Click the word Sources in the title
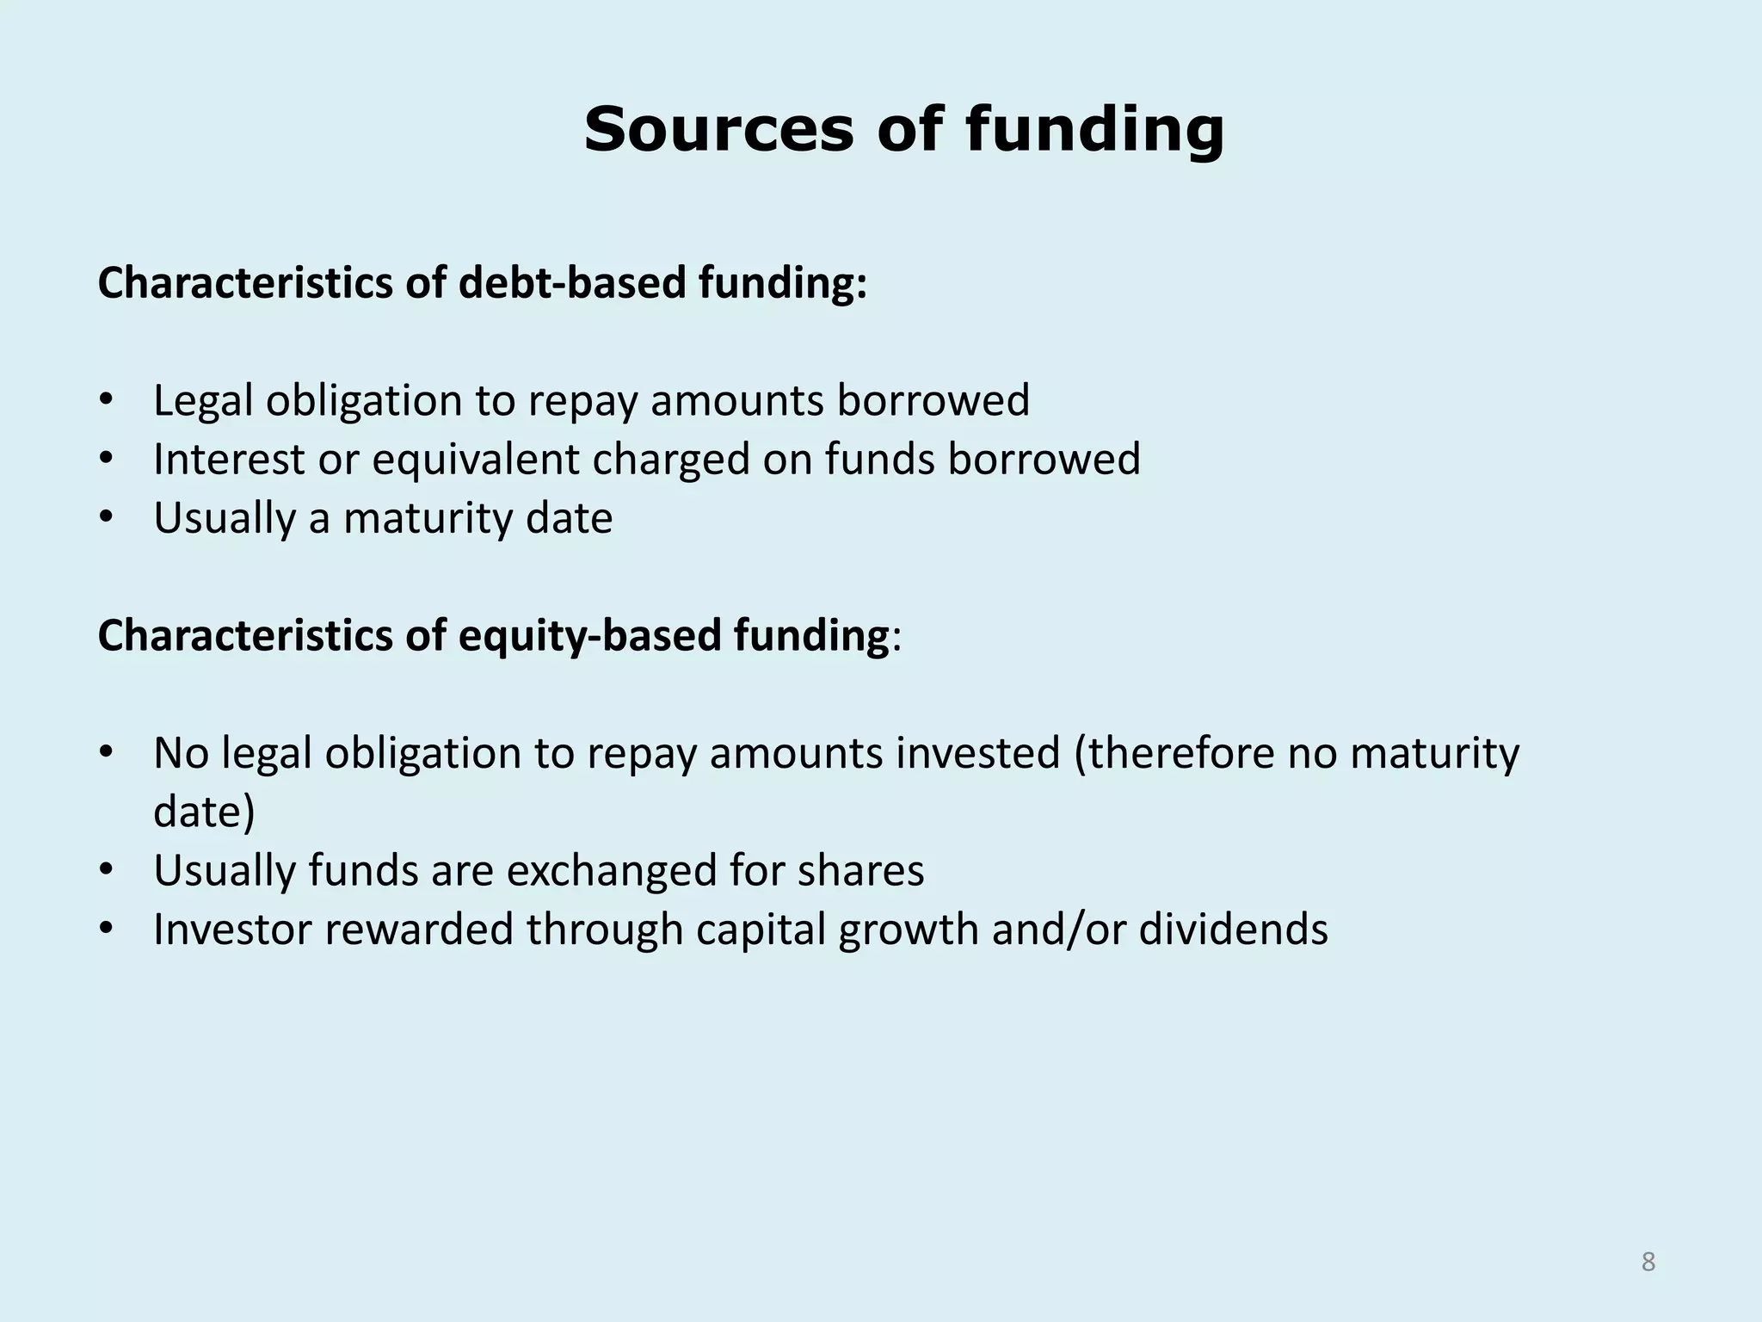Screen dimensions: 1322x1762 pos(719,130)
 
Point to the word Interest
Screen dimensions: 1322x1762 pos(229,459)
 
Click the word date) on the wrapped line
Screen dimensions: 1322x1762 pos(204,812)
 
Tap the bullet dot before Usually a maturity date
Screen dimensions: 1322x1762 pos(106,518)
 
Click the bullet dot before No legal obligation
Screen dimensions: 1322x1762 pos(106,753)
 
